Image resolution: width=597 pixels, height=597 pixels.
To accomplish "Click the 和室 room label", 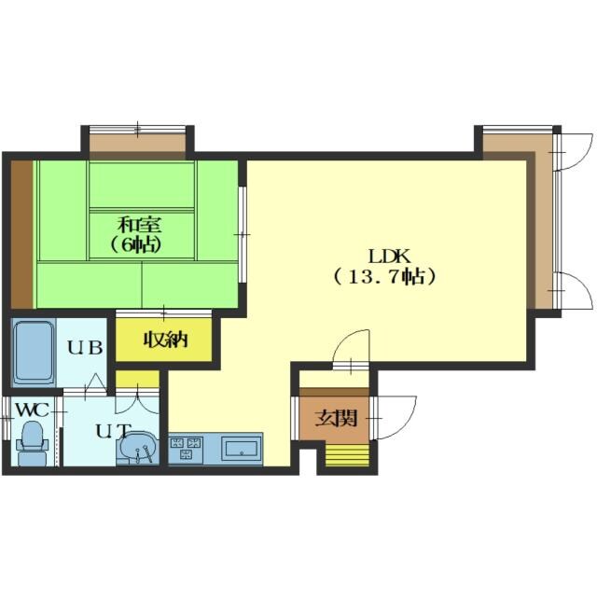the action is pos(139,225).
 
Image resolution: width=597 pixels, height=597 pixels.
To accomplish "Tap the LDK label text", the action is pos(389,257).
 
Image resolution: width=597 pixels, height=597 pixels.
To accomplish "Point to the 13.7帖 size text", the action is pos(385,277).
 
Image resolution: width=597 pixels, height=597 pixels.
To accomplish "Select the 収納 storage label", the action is pos(165,340).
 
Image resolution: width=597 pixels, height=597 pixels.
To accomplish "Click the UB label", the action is pos(85,347).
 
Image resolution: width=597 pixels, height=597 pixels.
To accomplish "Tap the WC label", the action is pos(33,410).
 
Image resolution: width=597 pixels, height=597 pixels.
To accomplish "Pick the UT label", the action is pos(113,431).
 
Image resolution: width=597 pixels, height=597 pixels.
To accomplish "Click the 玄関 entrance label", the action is pos(336,419).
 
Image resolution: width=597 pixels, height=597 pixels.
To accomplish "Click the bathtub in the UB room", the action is pos(34,353).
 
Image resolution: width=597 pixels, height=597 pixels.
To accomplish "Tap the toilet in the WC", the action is pos(33,444).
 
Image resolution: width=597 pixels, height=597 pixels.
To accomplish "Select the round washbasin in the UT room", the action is pos(138,447).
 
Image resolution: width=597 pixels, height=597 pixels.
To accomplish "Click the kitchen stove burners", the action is pos(187,448).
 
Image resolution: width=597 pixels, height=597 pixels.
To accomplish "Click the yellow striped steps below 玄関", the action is pos(347,455).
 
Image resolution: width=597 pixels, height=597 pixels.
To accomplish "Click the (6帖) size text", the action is pos(134,244).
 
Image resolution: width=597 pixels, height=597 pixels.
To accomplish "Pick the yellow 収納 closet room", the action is pos(164,340).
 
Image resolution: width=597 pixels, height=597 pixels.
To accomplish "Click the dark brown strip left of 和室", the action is pos(21,234).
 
